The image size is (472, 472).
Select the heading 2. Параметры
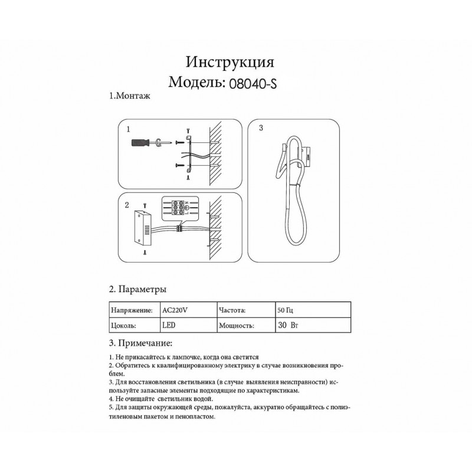(137, 290)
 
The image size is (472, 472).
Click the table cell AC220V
(174, 309)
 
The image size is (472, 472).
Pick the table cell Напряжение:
(132, 309)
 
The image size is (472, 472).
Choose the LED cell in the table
(168, 325)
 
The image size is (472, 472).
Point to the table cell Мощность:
(237, 325)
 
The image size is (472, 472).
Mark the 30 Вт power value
(287, 325)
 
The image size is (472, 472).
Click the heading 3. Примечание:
(141, 343)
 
